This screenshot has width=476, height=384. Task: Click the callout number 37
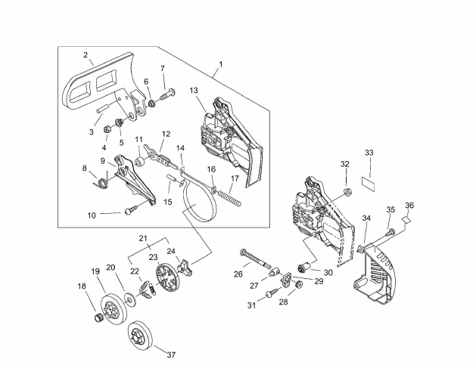172,355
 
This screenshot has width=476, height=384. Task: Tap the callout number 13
194,91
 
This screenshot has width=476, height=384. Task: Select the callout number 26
238,274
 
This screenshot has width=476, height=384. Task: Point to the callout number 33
369,153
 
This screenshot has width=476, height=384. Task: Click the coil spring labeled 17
229,198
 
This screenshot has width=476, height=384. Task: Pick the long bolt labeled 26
255,258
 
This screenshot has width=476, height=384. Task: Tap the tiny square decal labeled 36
406,219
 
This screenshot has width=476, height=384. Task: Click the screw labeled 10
132,209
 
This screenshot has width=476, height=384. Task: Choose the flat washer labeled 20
131,300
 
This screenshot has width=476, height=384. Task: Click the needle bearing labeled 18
98,319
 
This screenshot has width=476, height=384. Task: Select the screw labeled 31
272,293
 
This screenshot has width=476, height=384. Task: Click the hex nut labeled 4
107,129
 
